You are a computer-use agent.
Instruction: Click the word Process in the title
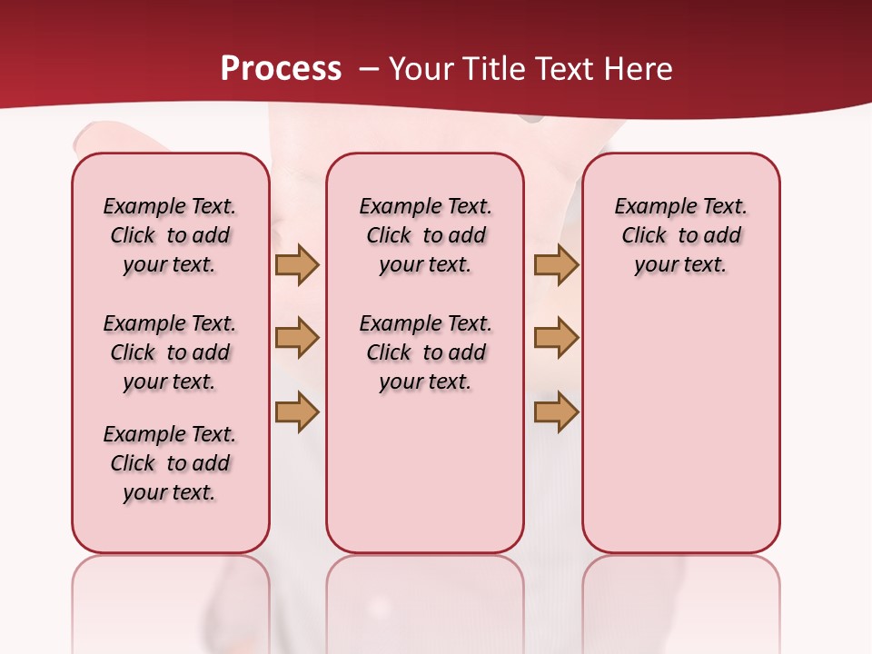(x=281, y=69)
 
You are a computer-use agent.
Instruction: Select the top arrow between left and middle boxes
(x=297, y=265)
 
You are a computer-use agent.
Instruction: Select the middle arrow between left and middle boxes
(x=297, y=339)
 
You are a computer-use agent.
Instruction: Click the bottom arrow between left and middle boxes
(x=297, y=412)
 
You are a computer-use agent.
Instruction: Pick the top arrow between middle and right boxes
(x=556, y=265)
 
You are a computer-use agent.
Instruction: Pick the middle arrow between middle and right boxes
(x=556, y=339)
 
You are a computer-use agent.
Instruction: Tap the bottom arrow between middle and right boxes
(x=556, y=412)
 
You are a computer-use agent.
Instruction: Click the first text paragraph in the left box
(x=170, y=235)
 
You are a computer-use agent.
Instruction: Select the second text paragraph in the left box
(x=170, y=352)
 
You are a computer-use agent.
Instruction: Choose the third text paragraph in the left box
(x=170, y=463)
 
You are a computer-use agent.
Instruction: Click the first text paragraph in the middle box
(x=425, y=235)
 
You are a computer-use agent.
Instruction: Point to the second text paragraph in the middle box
(x=425, y=352)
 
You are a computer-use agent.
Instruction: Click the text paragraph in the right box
(x=680, y=235)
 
